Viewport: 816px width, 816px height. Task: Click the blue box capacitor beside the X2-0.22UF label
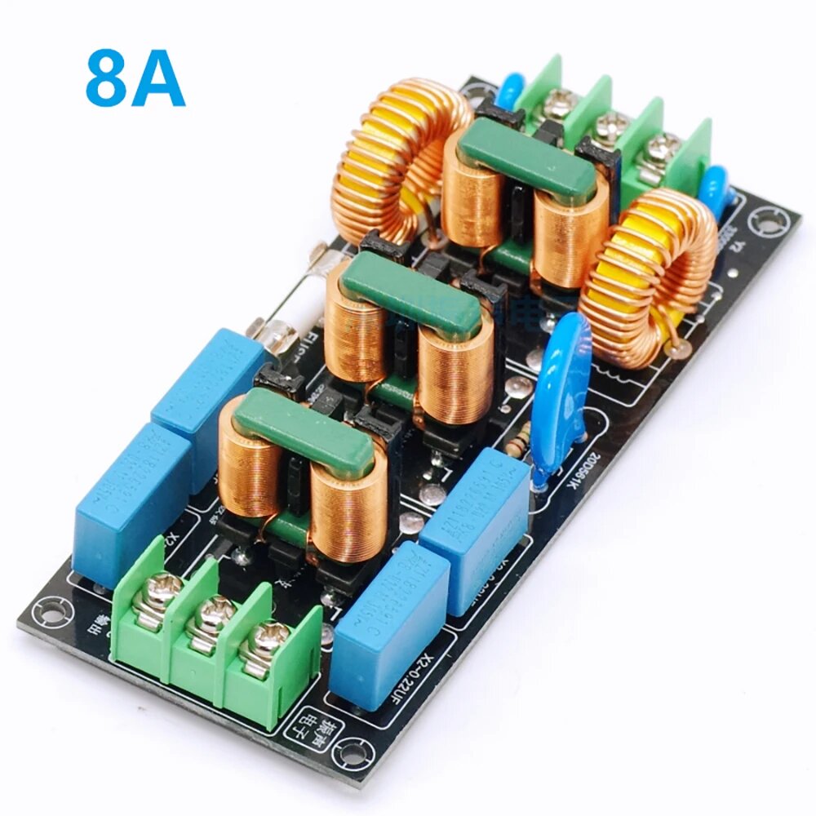tap(388, 625)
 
